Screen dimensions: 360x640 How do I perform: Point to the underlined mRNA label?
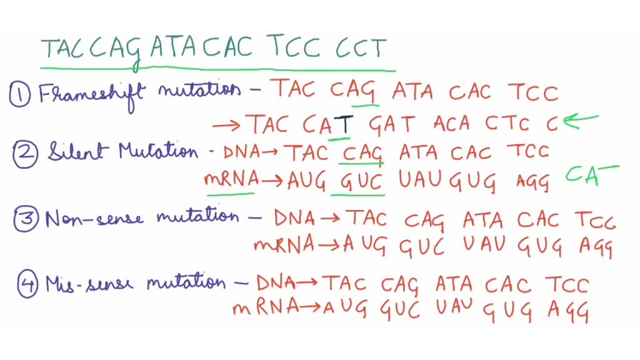[x=231, y=181]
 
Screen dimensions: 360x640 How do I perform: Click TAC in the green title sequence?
[x=62, y=50]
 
